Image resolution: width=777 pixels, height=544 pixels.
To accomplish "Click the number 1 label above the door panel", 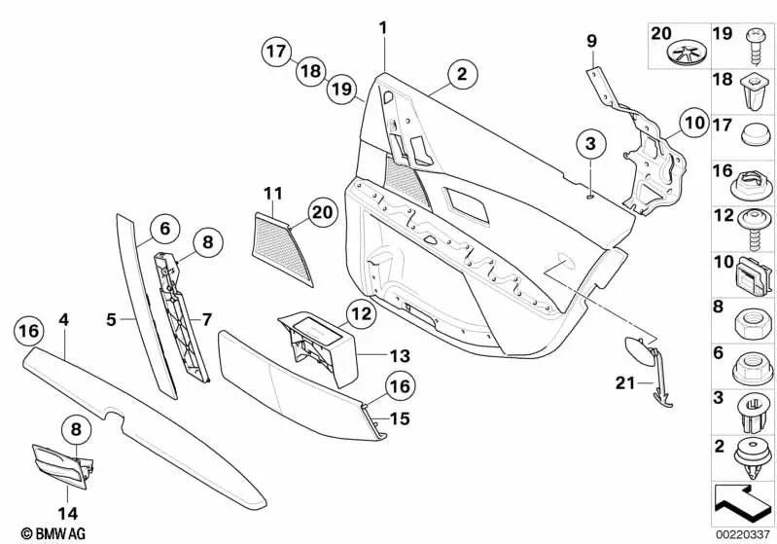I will pyautogui.click(x=383, y=28).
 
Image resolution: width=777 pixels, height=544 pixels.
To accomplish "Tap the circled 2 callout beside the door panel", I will pyautogui.click(x=463, y=73).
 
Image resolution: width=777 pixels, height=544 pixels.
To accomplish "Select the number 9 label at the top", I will pyautogui.click(x=590, y=40).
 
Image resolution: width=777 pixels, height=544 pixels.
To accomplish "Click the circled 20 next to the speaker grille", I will pyautogui.click(x=321, y=211).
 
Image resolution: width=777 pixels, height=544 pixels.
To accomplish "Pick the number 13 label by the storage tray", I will pyautogui.click(x=372, y=356).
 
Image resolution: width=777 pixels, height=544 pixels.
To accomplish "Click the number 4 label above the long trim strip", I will pyautogui.click(x=63, y=317).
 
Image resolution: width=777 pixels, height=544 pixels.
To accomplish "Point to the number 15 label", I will pyautogui.click(x=401, y=420).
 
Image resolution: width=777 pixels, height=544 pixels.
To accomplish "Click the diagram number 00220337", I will pyautogui.click(x=745, y=533).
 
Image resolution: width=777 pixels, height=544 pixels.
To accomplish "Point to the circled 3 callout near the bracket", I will pyautogui.click(x=588, y=144).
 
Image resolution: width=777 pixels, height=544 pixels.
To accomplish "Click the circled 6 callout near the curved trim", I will pyautogui.click(x=165, y=229).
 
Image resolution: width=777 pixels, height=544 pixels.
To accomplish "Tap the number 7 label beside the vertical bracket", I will pyautogui.click(x=206, y=318).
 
